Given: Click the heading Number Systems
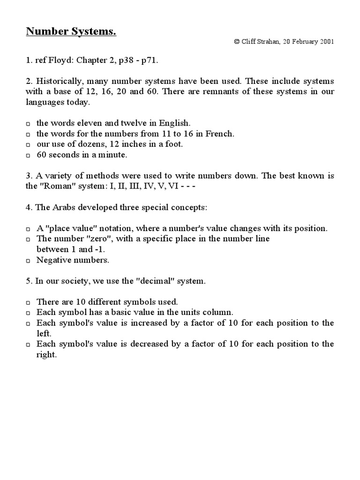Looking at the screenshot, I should [70, 32].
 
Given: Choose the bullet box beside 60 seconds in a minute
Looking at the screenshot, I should [28, 155].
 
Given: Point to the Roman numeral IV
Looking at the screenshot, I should [154, 186].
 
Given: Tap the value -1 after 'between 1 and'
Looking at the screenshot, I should [98, 249].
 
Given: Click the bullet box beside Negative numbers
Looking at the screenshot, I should [28, 260].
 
